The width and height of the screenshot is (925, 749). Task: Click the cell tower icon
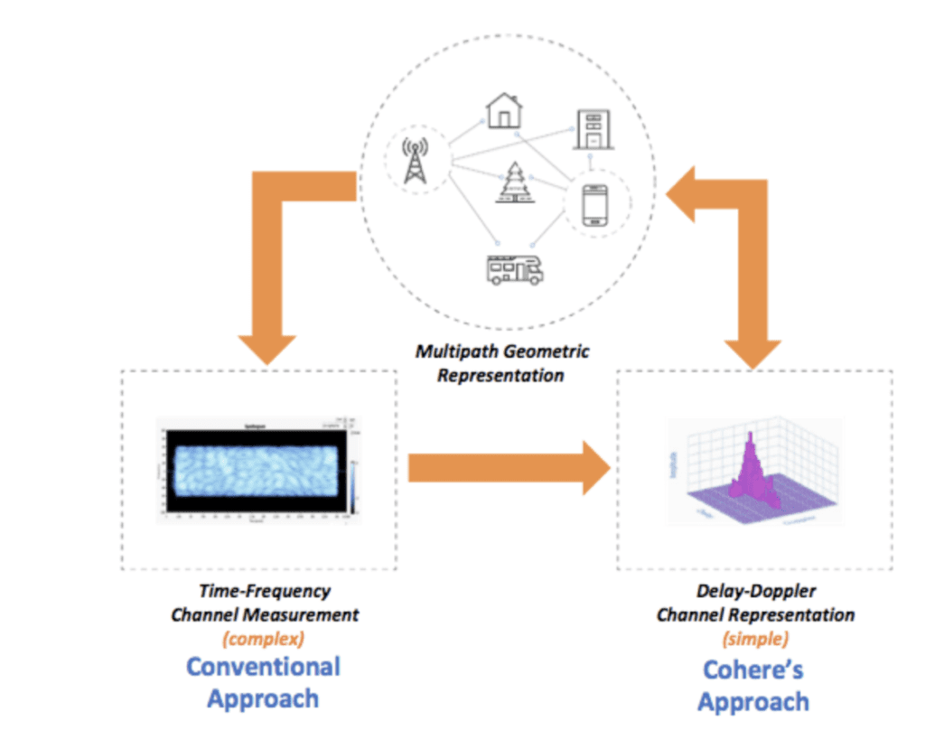coord(414,160)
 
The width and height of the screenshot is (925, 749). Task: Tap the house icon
coord(503,109)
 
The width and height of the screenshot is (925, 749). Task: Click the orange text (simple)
coord(753,638)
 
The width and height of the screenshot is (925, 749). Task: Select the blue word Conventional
coord(263,667)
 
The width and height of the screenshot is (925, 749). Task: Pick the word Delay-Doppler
coord(755,592)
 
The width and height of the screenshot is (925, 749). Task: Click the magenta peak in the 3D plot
coord(749,461)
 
